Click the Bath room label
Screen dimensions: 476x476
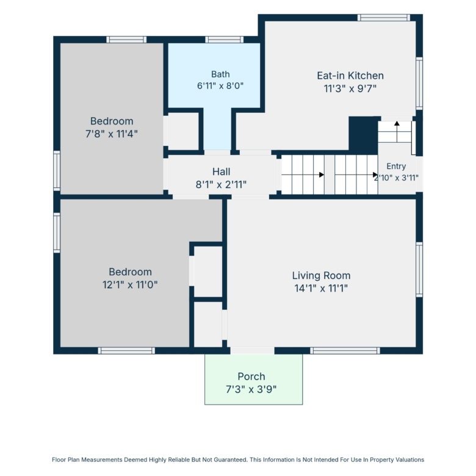click(x=220, y=74)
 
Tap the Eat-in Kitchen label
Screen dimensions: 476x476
click(x=350, y=76)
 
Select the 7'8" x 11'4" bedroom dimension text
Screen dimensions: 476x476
click(x=112, y=134)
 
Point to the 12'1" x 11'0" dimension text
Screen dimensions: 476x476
click(x=130, y=285)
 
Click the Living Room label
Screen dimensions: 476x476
click(x=321, y=275)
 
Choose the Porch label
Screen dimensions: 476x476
click(x=251, y=377)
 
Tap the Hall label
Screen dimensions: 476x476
click(x=221, y=171)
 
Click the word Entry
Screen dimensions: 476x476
click(x=396, y=167)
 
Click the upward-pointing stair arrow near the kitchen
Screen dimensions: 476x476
click(x=397, y=132)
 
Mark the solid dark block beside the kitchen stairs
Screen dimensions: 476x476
click(x=363, y=135)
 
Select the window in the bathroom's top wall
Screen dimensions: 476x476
click(x=225, y=40)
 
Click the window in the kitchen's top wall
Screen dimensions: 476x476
click(x=384, y=18)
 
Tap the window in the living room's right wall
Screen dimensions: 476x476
click(x=419, y=270)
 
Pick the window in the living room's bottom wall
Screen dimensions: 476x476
click(x=345, y=351)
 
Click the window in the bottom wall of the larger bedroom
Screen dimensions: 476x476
click(x=126, y=351)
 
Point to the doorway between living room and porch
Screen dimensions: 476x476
click(x=252, y=351)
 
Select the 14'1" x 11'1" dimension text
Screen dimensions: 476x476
click(x=321, y=288)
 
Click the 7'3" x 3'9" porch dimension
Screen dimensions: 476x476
click(x=251, y=389)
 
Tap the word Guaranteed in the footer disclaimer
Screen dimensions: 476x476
click(x=231, y=460)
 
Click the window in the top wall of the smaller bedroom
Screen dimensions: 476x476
click(x=126, y=40)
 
